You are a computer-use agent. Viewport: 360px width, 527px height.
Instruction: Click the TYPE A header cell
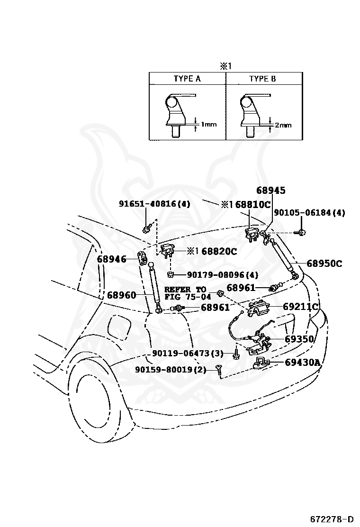click(x=188, y=79)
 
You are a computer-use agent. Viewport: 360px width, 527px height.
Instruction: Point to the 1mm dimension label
click(x=208, y=125)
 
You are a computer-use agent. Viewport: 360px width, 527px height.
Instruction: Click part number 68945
click(x=271, y=191)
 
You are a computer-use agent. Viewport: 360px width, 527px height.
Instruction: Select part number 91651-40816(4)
click(x=154, y=204)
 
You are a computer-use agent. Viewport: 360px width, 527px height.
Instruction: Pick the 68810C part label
click(x=252, y=205)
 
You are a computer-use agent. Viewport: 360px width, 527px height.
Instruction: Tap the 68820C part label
click(x=219, y=251)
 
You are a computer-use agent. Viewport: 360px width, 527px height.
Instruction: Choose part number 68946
click(x=112, y=259)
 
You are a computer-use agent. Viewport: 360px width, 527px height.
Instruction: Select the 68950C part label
click(x=324, y=263)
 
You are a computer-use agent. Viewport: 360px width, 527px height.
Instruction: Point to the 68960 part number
click(x=121, y=295)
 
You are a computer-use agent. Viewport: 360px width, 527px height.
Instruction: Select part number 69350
click(x=299, y=339)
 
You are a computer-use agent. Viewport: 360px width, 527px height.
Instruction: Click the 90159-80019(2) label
click(x=171, y=370)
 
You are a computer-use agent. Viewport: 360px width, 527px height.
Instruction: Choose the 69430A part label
click(x=303, y=363)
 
